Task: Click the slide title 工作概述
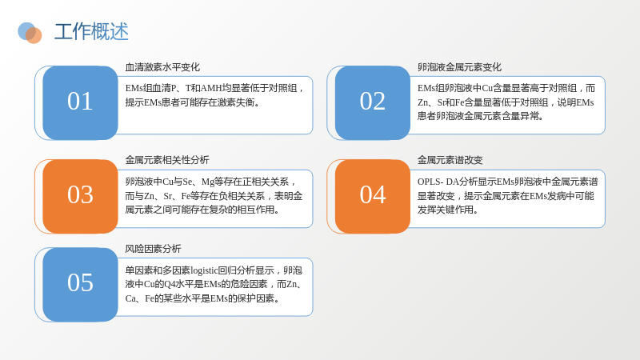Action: pyautogui.click(x=91, y=31)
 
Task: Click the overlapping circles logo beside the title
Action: pyautogui.click(x=30, y=33)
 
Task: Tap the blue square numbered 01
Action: pyautogui.click(x=80, y=103)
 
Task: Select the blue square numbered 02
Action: pyautogui.click(x=372, y=103)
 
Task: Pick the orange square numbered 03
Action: pyautogui.click(x=80, y=196)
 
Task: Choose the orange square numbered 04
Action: pyautogui.click(x=372, y=196)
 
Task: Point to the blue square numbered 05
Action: pyautogui.click(x=80, y=285)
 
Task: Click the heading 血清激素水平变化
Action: pyautogui.click(x=162, y=67)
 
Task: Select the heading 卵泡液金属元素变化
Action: pyautogui.click(x=459, y=67)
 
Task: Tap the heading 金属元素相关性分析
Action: pyautogui.click(x=167, y=160)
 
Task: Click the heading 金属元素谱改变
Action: pyautogui.click(x=450, y=160)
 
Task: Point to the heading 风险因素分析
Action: pyautogui.click(x=153, y=249)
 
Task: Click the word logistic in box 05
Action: pyautogui.click(x=204, y=270)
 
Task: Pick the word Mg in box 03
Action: pyautogui.click(x=208, y=182)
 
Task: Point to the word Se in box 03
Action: pyautogui.click(x=187, y=182)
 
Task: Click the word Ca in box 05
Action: pyautogui.click(x=130, y=298)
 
